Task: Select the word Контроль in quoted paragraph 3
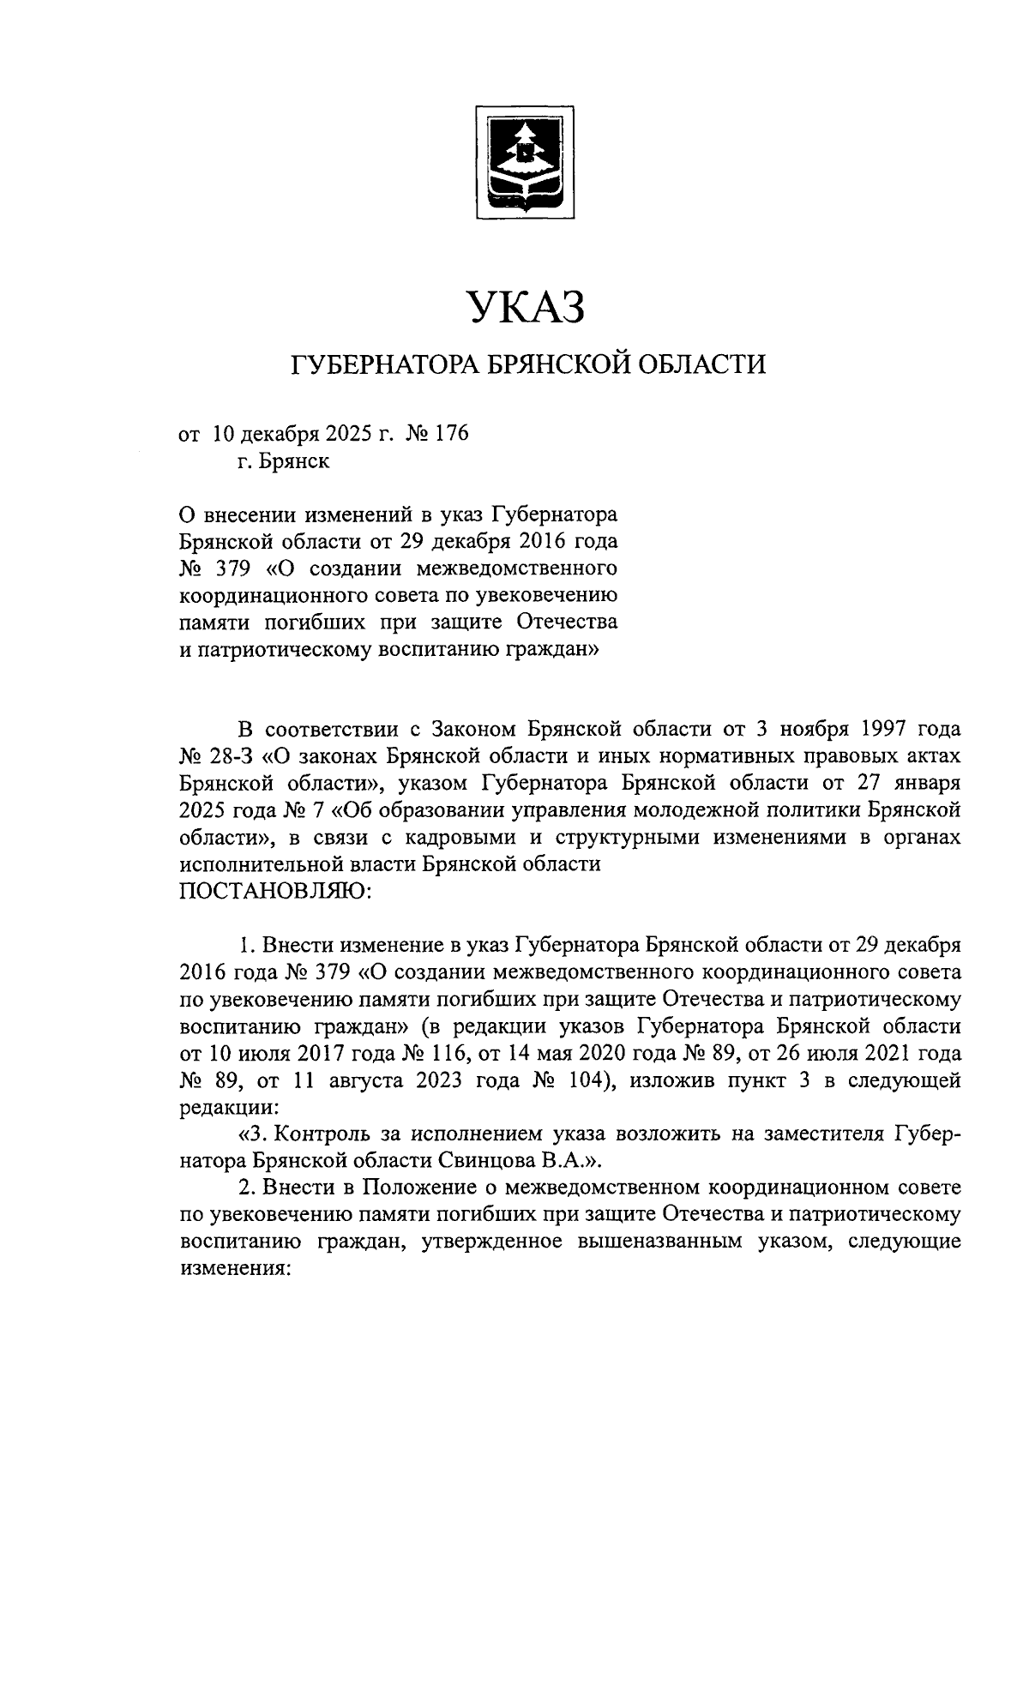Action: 324,1134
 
